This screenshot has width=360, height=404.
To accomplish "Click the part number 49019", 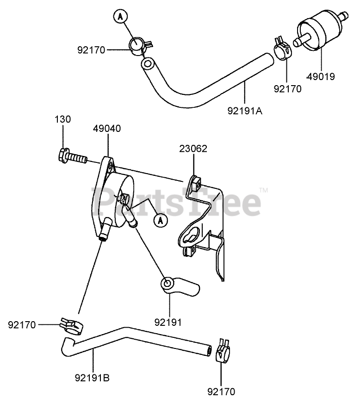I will click(x=321, y=76).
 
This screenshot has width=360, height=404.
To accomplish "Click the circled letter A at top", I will click(x=120, y=17).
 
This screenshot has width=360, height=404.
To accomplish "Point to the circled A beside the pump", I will click(x=160, y=220).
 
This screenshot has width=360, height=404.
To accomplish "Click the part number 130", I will click(x=64, y=119).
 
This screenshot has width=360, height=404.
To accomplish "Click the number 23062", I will click(x=193, y=149).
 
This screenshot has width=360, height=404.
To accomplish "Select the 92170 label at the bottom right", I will click(x=221, y=392).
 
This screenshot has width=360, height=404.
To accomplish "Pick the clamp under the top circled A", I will click(x=138, y=45).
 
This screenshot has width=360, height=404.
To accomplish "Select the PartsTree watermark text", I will click(x=176, y=202).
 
